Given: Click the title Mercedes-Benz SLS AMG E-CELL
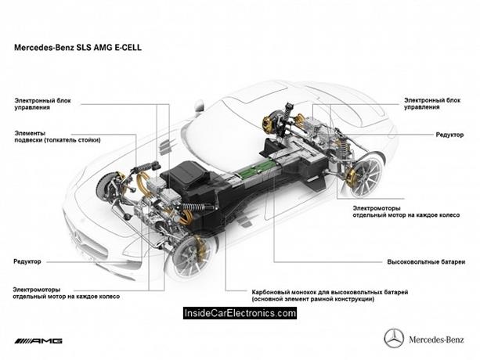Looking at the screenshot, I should tap(79, 47).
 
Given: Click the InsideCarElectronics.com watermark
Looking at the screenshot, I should tap(240, 313).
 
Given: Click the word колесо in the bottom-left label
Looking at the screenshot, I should tap(110, 298).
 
